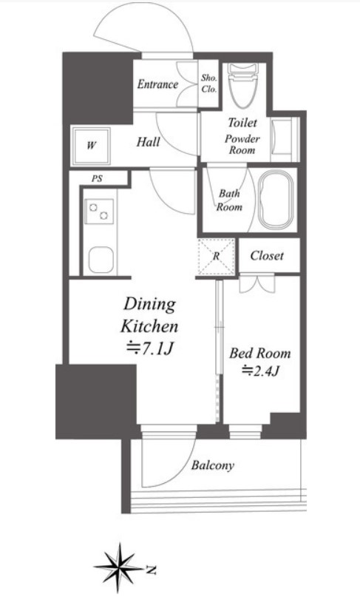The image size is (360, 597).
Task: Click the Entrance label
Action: [x=157, y=84]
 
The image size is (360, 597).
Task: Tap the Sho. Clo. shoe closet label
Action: [x=209, y=84]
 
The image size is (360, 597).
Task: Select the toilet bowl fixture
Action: [x=242, y=84]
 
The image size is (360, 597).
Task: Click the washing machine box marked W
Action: [x=91, y=146]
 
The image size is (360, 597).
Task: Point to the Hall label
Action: [x=148, y=142]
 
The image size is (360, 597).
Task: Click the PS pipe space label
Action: [x=97, y=178]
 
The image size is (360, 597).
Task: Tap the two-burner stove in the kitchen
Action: [x=99, y=212]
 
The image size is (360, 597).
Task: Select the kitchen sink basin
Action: [x=101, y=260]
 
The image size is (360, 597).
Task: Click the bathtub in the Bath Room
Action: [x=276, y=200]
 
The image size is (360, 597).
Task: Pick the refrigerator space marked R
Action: [x=216, y=257]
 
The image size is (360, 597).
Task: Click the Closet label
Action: [x=267, y=255]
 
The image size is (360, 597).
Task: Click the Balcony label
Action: [x=212, y=465]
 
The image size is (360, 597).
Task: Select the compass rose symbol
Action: [x=120, y=567]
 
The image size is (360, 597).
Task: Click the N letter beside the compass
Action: [x=152, y=570]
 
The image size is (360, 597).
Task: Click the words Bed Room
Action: [x=260, y=354]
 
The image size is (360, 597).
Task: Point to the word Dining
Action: [x=149, y=305]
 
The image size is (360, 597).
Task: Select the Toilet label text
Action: [x=242, y=123]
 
